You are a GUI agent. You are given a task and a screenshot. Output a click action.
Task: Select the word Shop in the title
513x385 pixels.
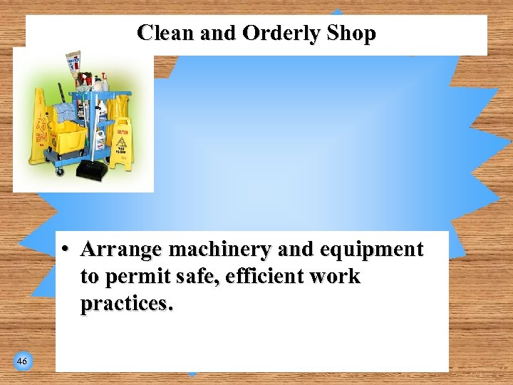pyautogui.click(x=351, y=34)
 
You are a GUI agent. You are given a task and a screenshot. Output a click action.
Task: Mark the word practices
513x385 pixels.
pyautogui.click(x=126, y=303)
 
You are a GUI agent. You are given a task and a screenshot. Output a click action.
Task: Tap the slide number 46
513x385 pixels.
pyautogui.click(x=22, y=362)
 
